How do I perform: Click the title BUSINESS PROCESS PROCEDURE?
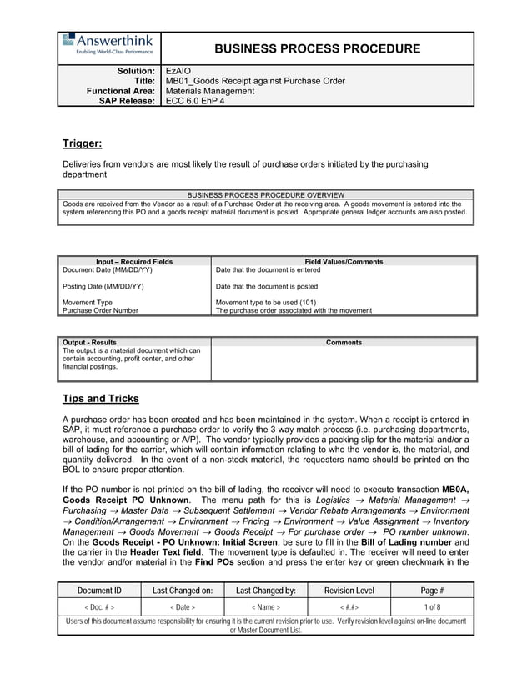pyautogui.click(x=317, y=49)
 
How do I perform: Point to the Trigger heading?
pyautogui.click(x=83, y=143)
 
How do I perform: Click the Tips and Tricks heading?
pyautogui.click(x=101, y=398)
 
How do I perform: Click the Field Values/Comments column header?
pyautogui.click(x=344, y=262)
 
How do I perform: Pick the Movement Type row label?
pyautogui.click(x=88, y=302)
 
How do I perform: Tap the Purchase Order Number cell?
pyautogui.click(x=101, y=310)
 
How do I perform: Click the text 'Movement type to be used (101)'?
pyautogui.click(x=265, y=302)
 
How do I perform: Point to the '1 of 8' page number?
pyautogui.click(x=432, y=608)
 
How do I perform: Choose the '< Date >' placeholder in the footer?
pyautogui.click(x=183, y=608)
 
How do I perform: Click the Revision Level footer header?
pyautogui.click(x=349, y=590)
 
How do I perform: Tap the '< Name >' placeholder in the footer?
pyautogui.click(x=266, y=608)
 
